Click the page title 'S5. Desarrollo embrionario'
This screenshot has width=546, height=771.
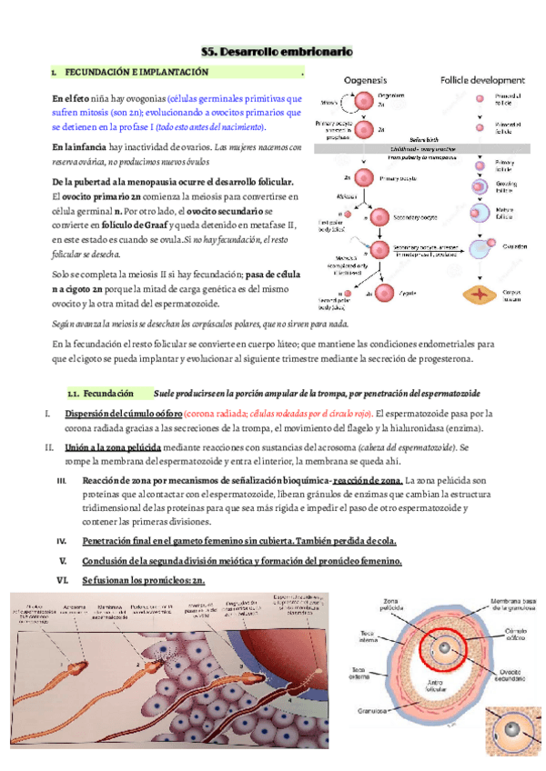[276, 54]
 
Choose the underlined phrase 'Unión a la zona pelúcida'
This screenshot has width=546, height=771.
[113, 447]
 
